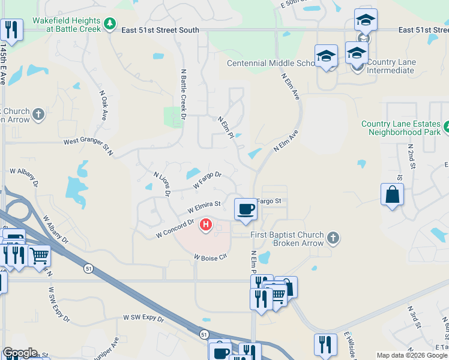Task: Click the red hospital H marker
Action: [x=206, y=225]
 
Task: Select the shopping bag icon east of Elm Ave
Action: [x=392, y=195]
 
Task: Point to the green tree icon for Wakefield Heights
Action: [x=109, y=24]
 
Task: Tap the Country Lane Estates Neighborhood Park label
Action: [x=401, y=128]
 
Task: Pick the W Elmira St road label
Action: [x=204, y=207]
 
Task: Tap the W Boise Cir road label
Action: [x=210, y=256]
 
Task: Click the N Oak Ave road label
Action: [x=103, y=106]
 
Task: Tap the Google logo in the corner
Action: [x=20, y=353]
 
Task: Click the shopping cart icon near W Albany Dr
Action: [x=39, y=256]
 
